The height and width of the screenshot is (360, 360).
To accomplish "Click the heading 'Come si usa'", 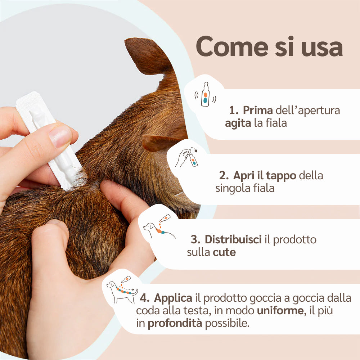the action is (269, 46).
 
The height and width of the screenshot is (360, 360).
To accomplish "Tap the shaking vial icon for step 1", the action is (205, 94).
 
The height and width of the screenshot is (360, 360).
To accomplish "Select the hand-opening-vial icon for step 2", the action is (186, 158).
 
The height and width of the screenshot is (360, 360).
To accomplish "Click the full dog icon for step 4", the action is (122, 289).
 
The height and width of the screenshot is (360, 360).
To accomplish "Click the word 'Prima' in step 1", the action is (258, 110).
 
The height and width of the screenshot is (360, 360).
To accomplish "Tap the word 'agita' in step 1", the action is (238, 123).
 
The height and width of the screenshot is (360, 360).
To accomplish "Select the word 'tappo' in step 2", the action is (281, 176).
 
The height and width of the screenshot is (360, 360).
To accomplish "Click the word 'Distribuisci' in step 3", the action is (233, 239).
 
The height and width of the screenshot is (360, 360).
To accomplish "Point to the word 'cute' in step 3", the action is (224, 252).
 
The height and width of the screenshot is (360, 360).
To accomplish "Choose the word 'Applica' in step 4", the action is (173, 298).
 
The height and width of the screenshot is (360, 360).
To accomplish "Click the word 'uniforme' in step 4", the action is (282, 311).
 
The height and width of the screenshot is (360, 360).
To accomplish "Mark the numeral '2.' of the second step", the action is (224, 176).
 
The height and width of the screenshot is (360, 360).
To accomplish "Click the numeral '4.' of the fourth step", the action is (145, 298).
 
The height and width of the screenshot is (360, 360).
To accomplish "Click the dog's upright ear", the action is (147, 56).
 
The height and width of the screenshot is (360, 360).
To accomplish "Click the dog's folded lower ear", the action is (161, 142).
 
